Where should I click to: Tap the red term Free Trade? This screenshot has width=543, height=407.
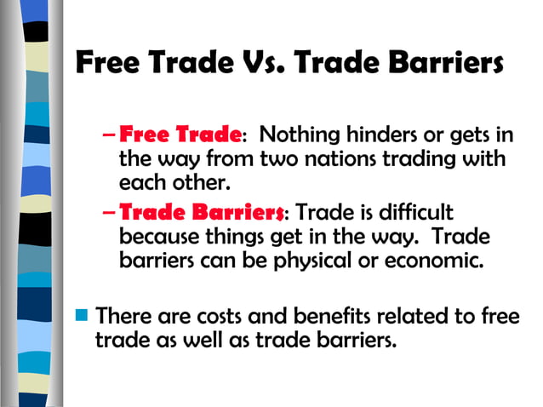pyautogui.click(x=180, y=135)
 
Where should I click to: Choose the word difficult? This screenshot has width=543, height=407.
pyautogui.click(x=418, y=211)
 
